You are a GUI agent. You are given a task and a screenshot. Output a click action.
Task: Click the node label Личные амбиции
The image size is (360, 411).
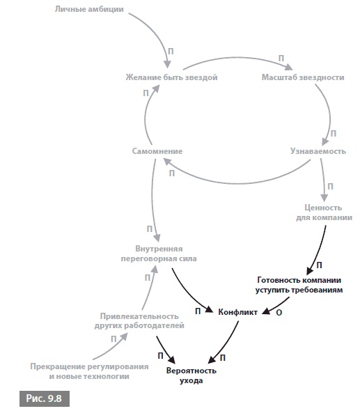(x=89, y=10)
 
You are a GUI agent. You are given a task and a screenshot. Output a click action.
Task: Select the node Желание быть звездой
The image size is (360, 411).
(x=171, y=77)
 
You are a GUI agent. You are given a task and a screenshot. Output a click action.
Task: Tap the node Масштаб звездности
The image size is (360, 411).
(x=303, y=77)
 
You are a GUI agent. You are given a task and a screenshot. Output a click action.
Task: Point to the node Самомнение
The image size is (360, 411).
(x=157, y=151)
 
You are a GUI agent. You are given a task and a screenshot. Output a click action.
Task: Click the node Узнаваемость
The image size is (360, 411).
(x=318, y=151)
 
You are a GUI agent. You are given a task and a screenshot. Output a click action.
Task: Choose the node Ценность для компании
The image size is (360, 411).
(x=324, y=212)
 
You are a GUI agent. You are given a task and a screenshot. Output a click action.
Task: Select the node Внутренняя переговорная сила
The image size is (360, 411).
(x=159, y=254)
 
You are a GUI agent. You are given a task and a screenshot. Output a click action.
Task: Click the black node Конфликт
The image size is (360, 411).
(x=238, y=312)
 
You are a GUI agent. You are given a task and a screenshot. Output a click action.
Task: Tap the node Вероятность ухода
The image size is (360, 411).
(x=191, y=375)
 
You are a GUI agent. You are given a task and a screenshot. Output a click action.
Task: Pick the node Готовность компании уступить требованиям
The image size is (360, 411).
(x=299, y=285)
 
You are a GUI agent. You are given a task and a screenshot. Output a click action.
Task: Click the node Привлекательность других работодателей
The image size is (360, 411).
(x=139, y=321)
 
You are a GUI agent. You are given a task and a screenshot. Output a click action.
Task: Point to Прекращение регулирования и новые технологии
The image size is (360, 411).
(x=89, y=371)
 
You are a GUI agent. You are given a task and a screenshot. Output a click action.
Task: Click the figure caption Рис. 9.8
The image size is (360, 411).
(x=45, y=398)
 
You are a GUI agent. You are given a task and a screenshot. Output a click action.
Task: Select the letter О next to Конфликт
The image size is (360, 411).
(x=279, y=313)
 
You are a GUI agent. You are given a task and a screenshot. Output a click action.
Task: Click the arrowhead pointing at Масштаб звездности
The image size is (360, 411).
(x=289, y=67)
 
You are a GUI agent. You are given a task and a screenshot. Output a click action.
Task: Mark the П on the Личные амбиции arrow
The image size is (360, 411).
(x=171, y=52)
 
